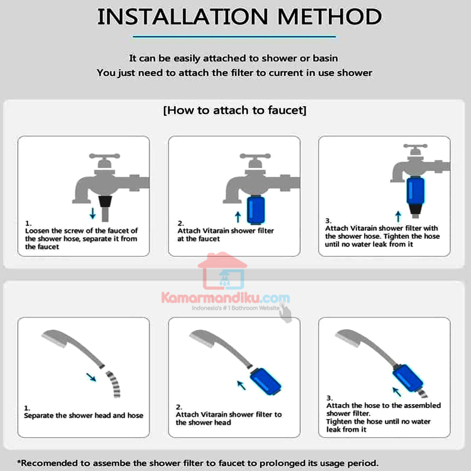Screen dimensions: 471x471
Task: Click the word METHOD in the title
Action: (x=330, y=17)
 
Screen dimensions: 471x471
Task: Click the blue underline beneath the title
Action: (x=234, y=37)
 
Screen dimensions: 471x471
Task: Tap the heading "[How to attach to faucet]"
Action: (x=235, y=110)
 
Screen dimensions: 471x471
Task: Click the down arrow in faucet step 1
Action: (x=93, y=213)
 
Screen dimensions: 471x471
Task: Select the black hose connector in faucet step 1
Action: (x=105, y=202)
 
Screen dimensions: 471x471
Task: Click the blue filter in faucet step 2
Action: (x=256, y=210)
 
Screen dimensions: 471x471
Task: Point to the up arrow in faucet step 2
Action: (x=238, y=217)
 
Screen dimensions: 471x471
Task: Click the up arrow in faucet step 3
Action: (x=398, y=216)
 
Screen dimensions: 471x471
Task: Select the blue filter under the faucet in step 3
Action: (x=415, y=191)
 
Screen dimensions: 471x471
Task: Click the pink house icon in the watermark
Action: (x=222, y=271)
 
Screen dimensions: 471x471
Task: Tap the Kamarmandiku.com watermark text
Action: (x=226, y=298)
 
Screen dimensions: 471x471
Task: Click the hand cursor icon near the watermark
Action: (x=285, y=313)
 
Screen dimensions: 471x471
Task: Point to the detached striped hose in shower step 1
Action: (x=114, y=384)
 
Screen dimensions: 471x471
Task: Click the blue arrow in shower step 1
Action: (x=91, y=377)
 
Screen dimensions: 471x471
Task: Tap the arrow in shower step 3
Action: (x=397, y=392)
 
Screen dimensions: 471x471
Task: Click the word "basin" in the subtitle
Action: (x=325, y=58)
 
